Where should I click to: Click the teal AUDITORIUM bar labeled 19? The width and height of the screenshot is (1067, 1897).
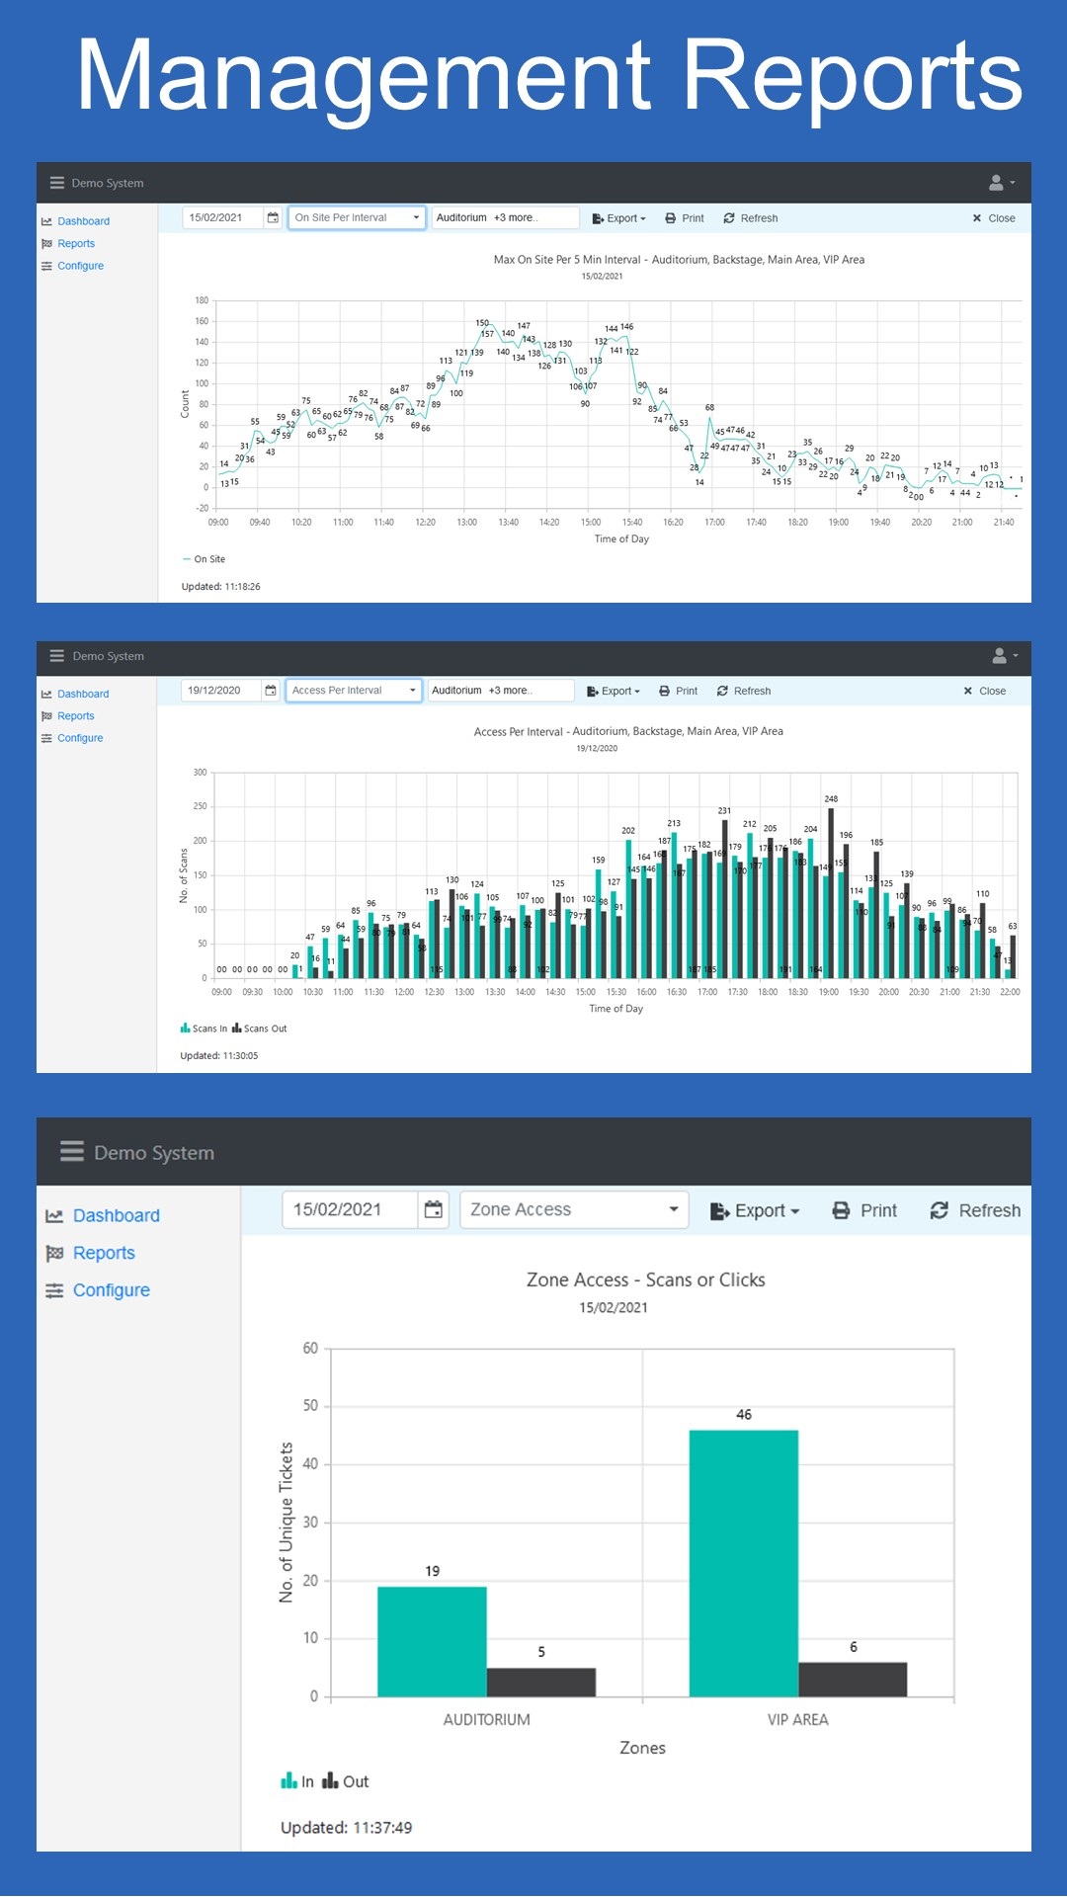pyautogui.click(x=432, y=1641)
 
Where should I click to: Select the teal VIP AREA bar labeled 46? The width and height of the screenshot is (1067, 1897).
pyautogui.click(x=743, y=1563)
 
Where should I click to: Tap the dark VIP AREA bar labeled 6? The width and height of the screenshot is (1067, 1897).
pyautogui.click(x=853, y=1679)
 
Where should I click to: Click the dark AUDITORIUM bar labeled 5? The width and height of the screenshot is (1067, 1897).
pyautogui.click(x=540, y=1682)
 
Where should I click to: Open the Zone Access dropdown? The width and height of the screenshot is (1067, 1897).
pyautogui.click(x=574, y=1209)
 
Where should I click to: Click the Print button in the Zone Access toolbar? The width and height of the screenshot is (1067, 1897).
pyautogui.click(x=864, y=1210)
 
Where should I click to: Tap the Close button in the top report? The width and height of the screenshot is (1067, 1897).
pyautogui.click(x=993, y=218)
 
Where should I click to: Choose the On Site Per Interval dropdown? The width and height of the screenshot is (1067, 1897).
pyautogui.click(x=357, y=217)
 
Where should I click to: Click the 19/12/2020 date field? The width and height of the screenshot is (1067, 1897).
pyautogui.click(x=221, y=691)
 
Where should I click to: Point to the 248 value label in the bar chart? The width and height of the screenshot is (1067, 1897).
pyautogui.click(x=831, y=798)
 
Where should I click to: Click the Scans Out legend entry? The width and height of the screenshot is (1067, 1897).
pyautogui.click(x=260, y=1029)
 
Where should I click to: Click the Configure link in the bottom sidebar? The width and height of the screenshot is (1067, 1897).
pyautogui.click(x=111, y=1290)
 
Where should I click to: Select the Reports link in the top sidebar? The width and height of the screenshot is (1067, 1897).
pyautogui.click(x=76, y=244)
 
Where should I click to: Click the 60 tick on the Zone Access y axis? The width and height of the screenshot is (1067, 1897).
pyautogui.click(x=310, y=1349)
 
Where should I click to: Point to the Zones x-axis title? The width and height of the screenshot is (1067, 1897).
pyautogui.click(x=642, y=1748)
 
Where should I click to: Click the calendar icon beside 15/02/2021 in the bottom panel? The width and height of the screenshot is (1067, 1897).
pyautogui.click(x=433, y=1209)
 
